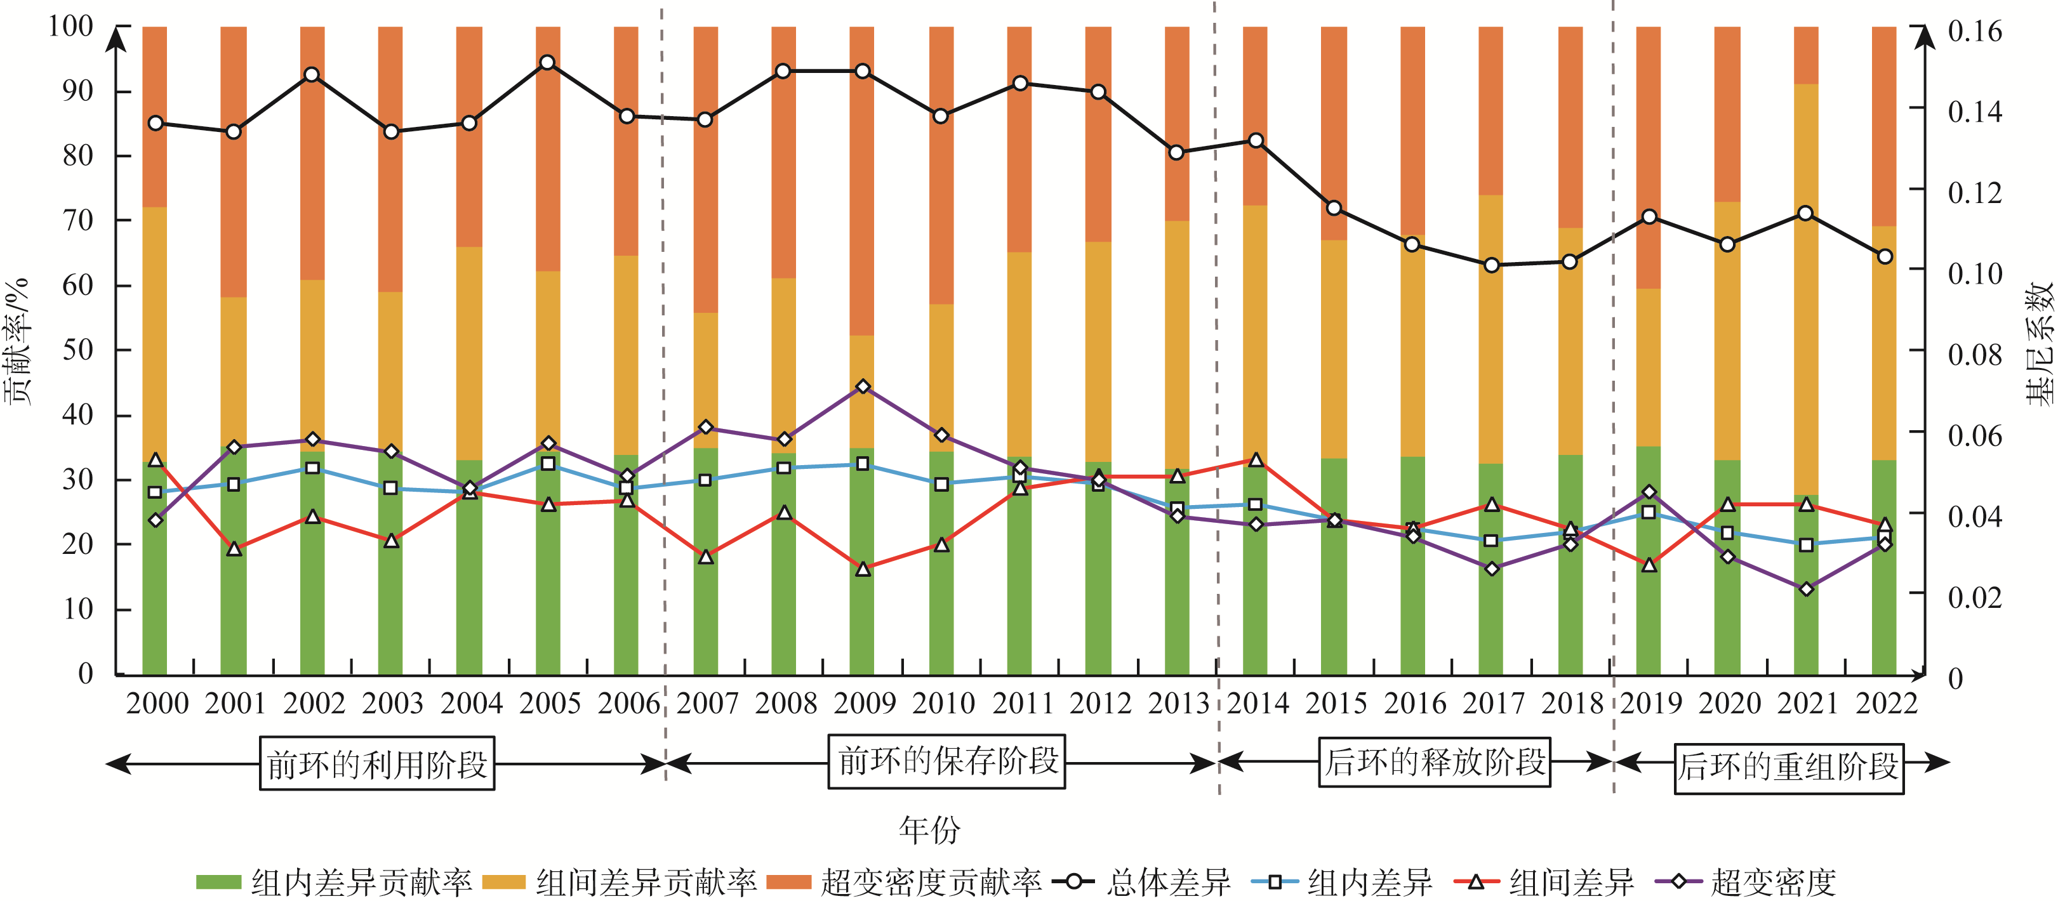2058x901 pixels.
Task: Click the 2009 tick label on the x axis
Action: pyautogui.click(x=865, y=704)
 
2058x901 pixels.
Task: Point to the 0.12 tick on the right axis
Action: pyautogui.click(x=1975, y=192)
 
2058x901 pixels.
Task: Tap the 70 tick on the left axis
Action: pyautogui.click(x=78, y=220)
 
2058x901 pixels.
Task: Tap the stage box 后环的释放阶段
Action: pyautogui.click(x=1434, y=763)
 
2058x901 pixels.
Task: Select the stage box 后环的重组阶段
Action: pyautogui.click(x=1789, y=767)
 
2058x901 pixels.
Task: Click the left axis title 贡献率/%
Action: pyautogui.click(x=18, y=342)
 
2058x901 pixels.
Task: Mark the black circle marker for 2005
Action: pyautogui.click(x=547, y=63)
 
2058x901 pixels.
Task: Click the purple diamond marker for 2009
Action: pyautogui.click(x=863, y=386)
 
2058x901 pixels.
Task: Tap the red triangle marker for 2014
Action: pyautogui.click(x=1255, y=460)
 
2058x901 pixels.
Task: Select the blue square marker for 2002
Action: pyautogui.click(x=312, y=468)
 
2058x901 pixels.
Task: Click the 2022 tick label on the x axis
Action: pyautogui.click(x=1886, y=704)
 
